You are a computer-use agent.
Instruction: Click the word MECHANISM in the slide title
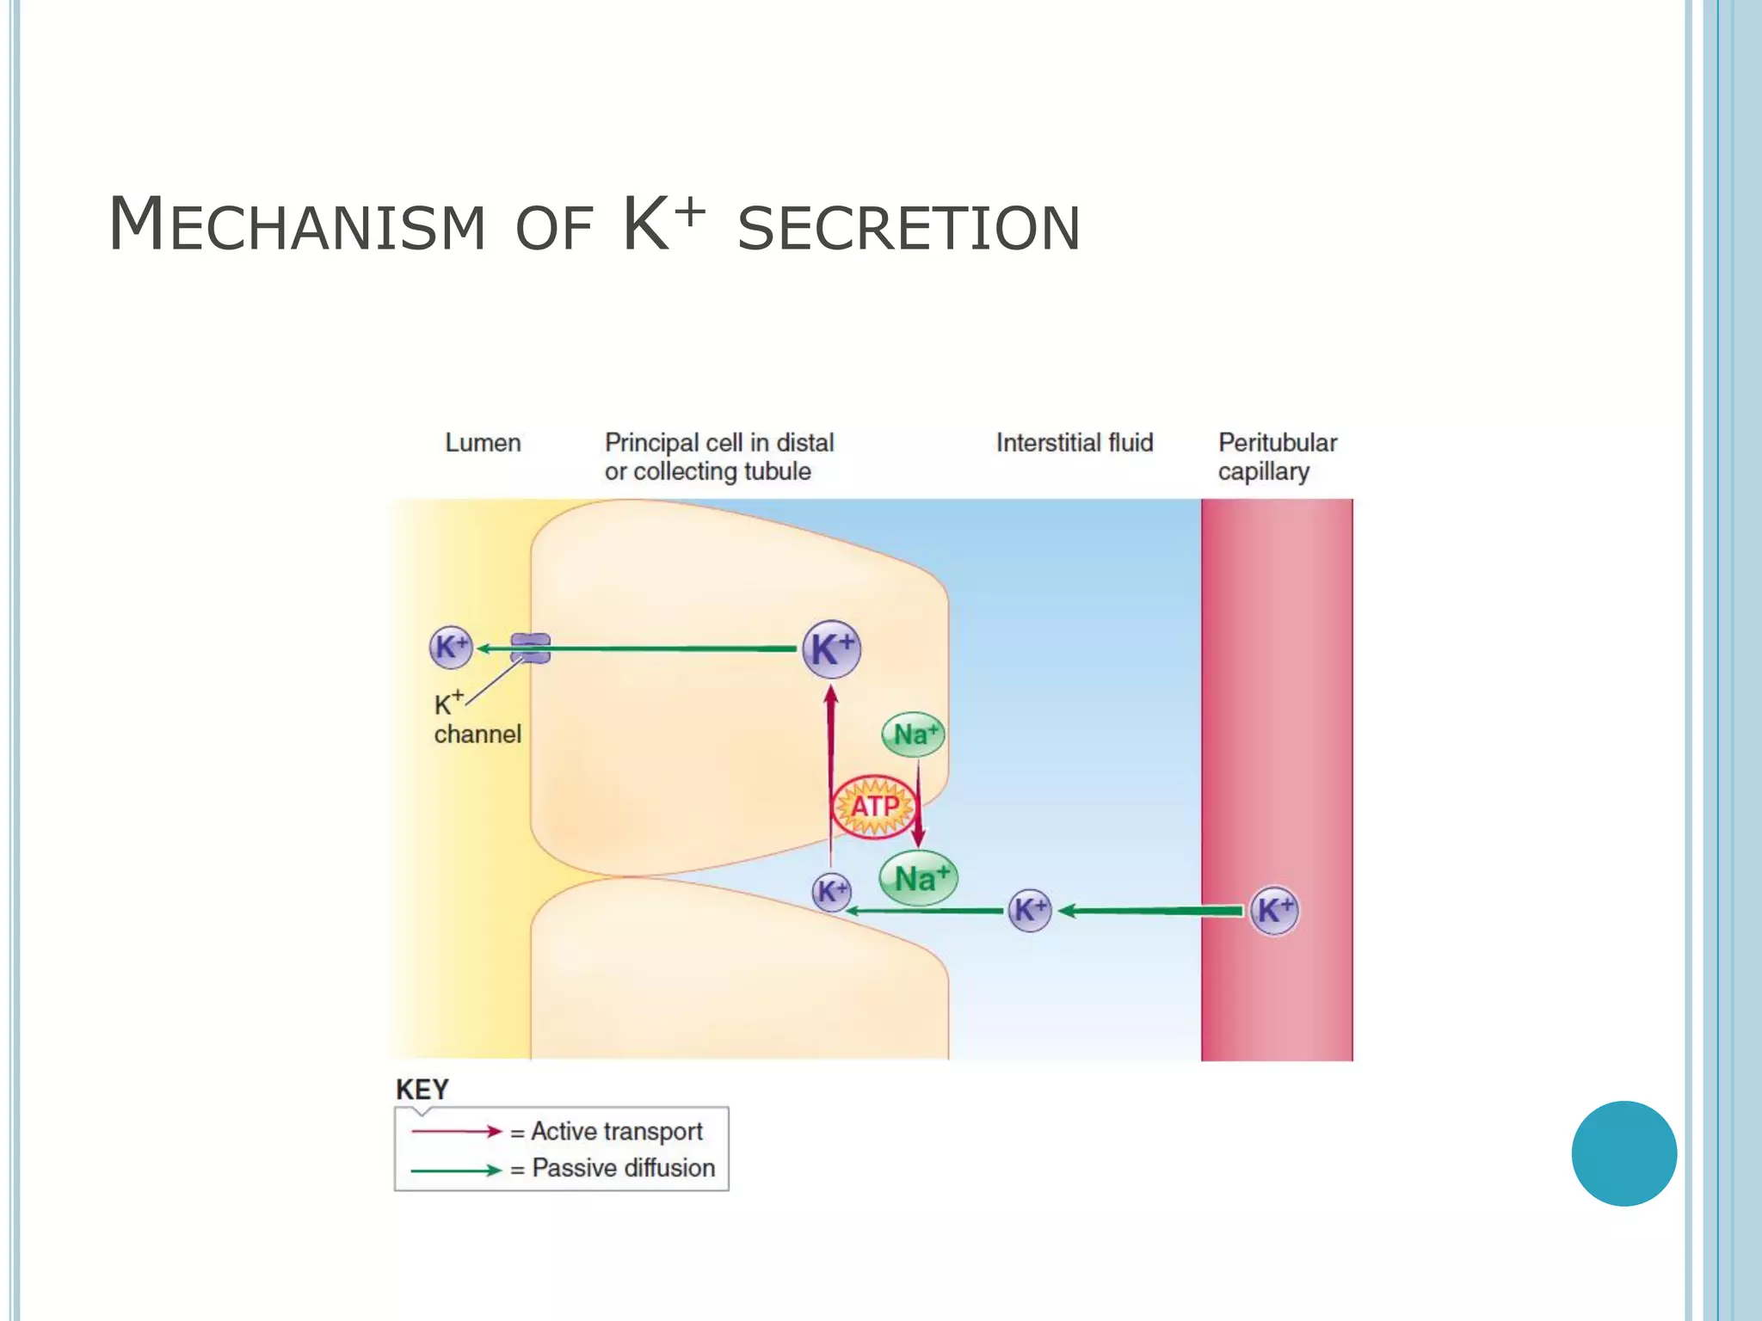(297, 225)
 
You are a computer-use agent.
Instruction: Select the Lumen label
(483, 443)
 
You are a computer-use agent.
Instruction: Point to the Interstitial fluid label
(1074, 443)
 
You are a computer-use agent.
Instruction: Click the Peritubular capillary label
(1277, 457)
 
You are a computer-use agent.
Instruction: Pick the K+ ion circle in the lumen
(451, 648)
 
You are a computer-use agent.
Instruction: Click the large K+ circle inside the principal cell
(831, 648)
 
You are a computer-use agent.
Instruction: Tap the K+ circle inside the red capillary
(1273, 910)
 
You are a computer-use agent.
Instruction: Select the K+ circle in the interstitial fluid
(1029, 910)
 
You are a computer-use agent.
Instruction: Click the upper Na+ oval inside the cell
(914, 734)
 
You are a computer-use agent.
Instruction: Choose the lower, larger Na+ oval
(919, 878)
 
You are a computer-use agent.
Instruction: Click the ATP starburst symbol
(874, 807)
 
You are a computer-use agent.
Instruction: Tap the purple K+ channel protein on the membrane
(530, 648)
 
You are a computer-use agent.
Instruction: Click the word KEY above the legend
(422, 1090)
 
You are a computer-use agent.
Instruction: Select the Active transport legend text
(616, 1131)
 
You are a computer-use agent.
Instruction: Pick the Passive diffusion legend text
(623, 1168)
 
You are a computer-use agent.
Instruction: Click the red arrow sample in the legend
(456, 1131)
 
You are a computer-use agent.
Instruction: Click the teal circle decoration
(1623, 1153)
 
